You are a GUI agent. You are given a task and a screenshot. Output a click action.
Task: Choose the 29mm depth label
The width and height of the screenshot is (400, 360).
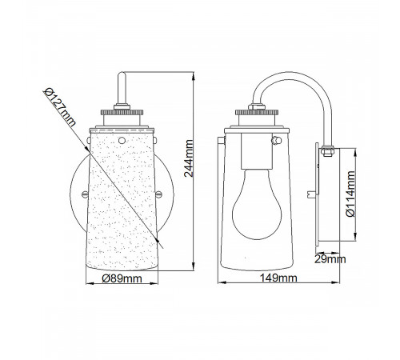(330, 259)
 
